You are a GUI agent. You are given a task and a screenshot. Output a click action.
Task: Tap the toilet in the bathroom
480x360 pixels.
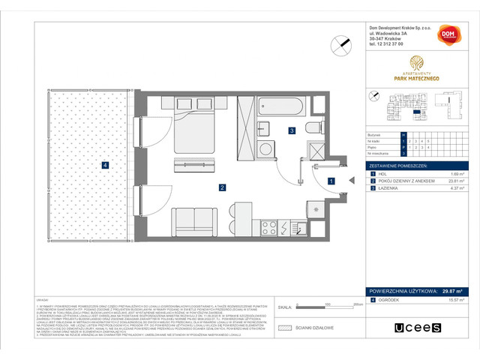tap(313, 127)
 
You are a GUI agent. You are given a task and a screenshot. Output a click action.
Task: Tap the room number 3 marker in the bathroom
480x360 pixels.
tap(291, 130)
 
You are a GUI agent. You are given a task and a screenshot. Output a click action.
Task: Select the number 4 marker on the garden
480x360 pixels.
tap(106, 165)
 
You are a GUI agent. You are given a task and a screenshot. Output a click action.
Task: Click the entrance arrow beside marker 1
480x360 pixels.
tap(349, 180)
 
